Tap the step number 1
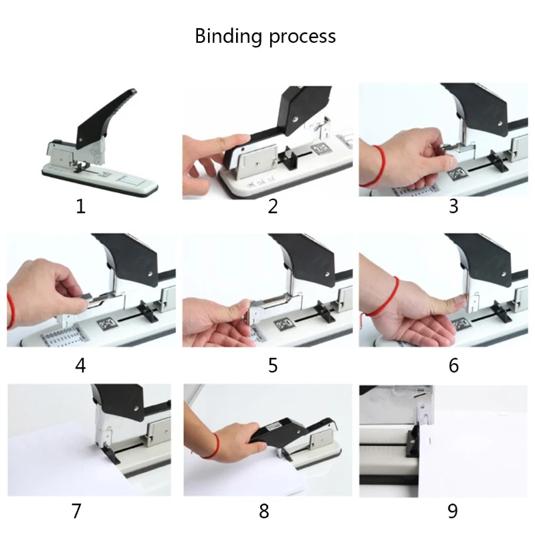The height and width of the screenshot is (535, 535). [81, 206]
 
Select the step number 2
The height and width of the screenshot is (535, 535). [272, 206]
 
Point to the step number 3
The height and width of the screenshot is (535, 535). [453, 206]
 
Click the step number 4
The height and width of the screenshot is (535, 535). [81, 366]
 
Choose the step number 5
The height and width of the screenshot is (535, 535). [272, 366]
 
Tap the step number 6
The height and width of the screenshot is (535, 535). [453, 366]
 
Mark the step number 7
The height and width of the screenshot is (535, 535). [76, 512]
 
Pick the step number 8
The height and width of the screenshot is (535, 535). [264, 512]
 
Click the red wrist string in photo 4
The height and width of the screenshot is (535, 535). [10, 310]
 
